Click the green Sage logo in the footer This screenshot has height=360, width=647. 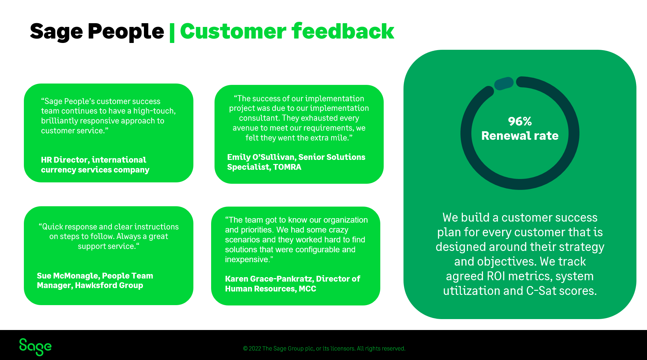point(35,347)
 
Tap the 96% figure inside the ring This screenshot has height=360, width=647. point(519,121)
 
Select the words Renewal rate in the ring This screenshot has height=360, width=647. point(520,136)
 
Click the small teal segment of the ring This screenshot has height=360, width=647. point(504,83)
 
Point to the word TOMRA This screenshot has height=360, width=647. point(287,167)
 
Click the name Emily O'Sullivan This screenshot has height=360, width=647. point(261,157)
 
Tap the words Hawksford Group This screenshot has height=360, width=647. point(109,285)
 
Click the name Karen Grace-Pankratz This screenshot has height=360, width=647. point(269,279)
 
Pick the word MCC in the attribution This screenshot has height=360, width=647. point(307,289)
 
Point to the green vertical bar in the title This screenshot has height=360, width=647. point(172,32)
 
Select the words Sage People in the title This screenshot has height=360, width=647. point(97,31)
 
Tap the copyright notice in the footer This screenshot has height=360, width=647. point(324,348)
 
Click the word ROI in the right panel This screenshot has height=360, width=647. point(496,276)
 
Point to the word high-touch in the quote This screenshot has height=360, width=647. point(154,111)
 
